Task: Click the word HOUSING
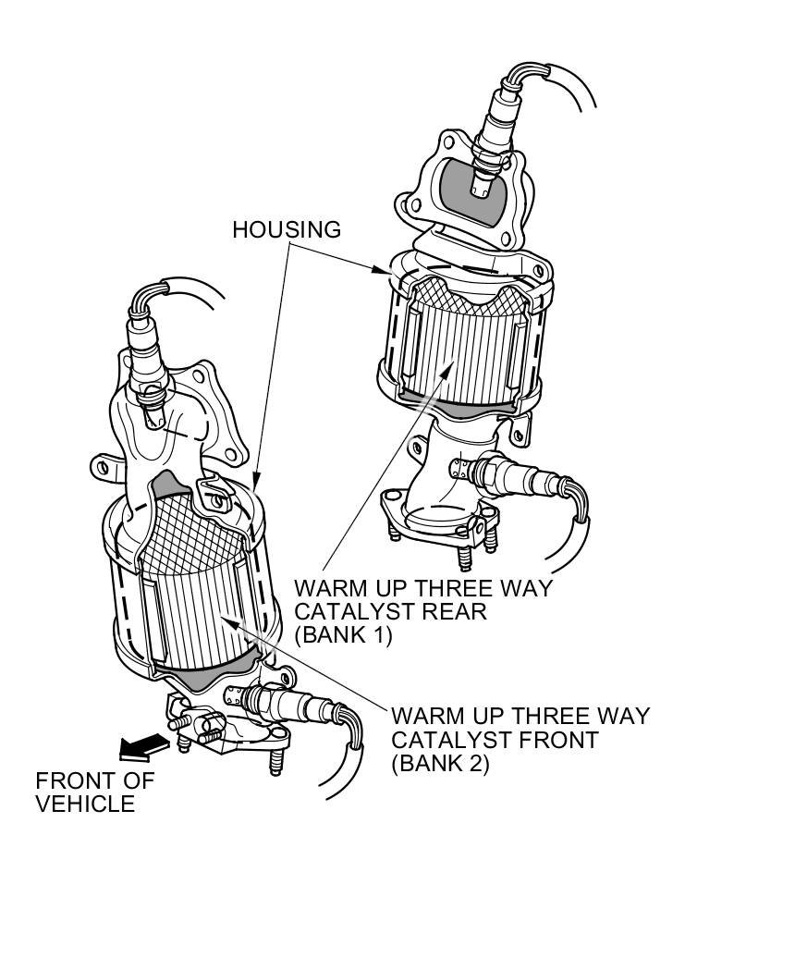click(x=286, y=229)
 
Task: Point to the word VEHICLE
click(x=85, y=804)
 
